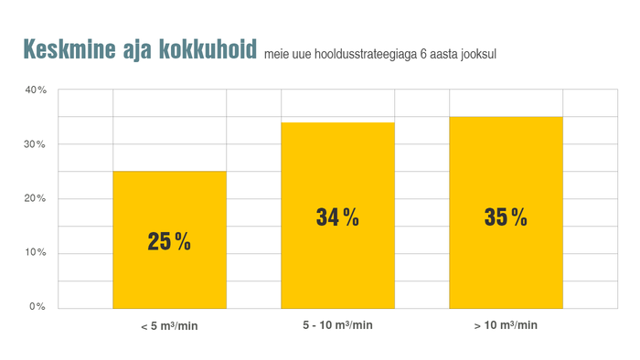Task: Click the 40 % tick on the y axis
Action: (x=36, y=90)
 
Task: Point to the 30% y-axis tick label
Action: (x=36, y=144)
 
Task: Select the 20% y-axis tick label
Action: (x=36, y=198)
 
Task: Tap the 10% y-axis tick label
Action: (x=36, y=252)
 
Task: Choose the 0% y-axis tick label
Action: (x=37, y=307)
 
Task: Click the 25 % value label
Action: (x=169, y=242)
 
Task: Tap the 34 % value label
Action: (x=337, y=217)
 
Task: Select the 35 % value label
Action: (x=506, y=217)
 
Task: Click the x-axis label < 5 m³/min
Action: (x=169, y=326)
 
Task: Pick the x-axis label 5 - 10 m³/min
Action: (x=337, y=325)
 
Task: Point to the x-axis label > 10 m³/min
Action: (x=506, y=325)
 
